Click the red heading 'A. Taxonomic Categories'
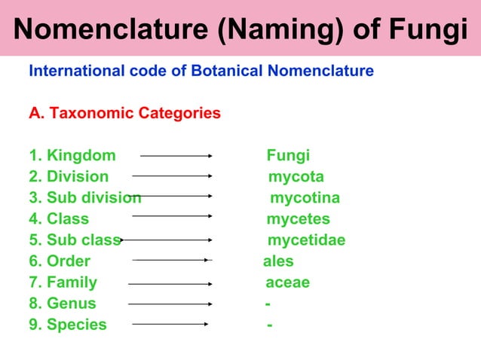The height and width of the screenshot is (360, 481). (124, 114)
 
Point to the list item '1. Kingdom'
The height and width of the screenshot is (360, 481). (72, 156)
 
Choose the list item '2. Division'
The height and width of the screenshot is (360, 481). (69, 177)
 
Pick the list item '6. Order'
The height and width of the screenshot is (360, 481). (60, 261)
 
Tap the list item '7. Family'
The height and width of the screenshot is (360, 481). (63, 282)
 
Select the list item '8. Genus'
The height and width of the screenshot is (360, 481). (63, 304)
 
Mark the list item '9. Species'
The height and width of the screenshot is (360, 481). (68, 325)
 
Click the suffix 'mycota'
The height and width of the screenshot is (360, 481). (296, 177)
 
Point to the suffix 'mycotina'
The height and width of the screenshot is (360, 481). (305, 198)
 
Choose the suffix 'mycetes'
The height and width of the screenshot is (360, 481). (298, 219)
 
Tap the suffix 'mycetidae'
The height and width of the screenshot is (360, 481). (307, 240)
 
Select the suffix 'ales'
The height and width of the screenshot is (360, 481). (278, 261)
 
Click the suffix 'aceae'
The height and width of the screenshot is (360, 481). (287, 282)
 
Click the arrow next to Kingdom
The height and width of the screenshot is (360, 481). (176, 157)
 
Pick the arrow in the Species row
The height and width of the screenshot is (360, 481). (170, 325)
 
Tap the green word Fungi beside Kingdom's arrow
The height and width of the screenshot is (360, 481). (288, 156)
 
